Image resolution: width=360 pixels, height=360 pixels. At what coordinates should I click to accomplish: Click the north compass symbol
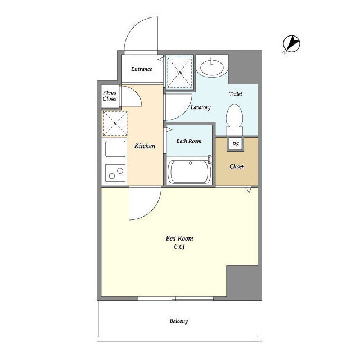(291, 44)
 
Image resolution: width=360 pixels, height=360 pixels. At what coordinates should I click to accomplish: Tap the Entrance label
(141, 69)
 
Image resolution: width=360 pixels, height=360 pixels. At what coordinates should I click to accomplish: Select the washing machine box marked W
(179, 72)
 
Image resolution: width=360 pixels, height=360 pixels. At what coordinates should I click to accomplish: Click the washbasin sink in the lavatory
(212, 67)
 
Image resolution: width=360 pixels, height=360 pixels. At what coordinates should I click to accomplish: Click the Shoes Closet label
(110, 96)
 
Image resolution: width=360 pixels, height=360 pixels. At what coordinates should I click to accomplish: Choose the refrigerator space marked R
(115, 124)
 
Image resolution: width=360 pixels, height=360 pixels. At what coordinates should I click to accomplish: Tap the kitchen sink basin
(115, 148)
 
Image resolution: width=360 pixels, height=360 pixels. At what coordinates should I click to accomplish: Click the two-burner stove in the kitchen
(115, 173)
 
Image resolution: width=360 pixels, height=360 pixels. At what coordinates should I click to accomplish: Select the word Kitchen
(145, 146)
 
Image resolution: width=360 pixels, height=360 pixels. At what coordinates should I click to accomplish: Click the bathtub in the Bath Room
(189, 171)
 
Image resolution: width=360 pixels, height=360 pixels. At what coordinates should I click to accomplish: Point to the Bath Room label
(189, 141)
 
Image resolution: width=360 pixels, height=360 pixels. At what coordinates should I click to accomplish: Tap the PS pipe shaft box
(236, 144)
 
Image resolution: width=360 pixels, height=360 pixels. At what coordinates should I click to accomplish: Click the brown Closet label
(236, 166)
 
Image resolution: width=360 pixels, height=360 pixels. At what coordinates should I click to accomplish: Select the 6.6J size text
(179, 246)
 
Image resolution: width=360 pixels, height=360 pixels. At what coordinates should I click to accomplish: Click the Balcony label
(179, 321)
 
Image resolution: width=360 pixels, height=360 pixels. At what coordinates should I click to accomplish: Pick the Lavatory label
(201, 107)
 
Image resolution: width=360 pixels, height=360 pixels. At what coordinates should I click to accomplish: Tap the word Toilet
(236, 94)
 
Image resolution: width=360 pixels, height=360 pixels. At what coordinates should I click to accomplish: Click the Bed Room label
(179, 238)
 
